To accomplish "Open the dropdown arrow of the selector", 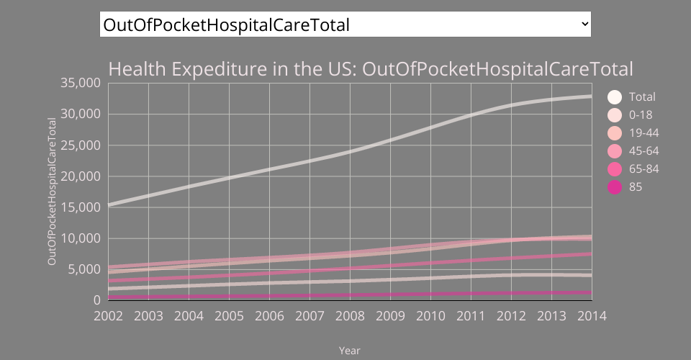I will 584,24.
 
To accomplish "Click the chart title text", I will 370,70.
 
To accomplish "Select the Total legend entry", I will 642,96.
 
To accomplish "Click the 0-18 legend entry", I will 639,114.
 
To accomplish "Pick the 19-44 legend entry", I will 643,132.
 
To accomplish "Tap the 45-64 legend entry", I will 643,150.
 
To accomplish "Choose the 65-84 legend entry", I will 643,168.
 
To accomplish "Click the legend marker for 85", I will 615,187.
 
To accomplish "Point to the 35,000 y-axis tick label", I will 81,83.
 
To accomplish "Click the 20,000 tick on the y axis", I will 81,176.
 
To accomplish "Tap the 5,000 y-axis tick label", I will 84,269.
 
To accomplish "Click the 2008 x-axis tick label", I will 350,316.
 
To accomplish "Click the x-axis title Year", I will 350,351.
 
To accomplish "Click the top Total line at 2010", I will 430,127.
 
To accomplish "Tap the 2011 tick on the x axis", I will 471,316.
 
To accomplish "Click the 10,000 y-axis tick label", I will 81,238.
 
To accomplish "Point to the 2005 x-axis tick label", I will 229,316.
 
